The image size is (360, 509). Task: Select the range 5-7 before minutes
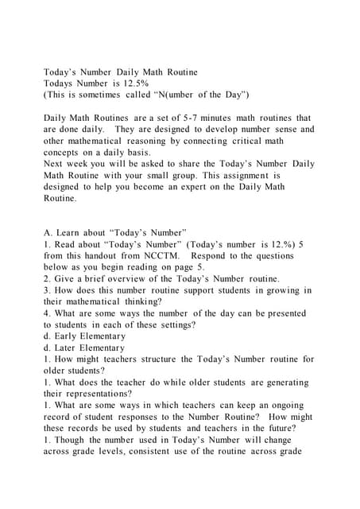click(x=214, y=118)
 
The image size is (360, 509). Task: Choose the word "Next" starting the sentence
click(x=55, y=164)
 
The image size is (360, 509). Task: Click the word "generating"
click(x=281, y=383)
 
